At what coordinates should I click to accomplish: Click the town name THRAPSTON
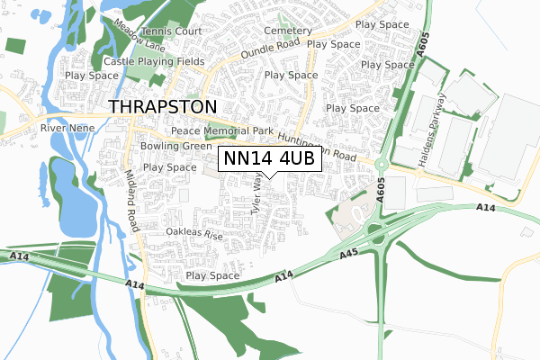[x=162, y=106]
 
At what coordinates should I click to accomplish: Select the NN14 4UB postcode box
[x=268, y=158]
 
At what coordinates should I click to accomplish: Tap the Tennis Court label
[x=165, y=31]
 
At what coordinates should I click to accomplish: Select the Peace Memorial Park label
[x=222, y=131]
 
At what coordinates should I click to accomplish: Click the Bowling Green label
[x=176, y=146]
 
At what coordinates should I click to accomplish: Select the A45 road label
[x=351, y=256]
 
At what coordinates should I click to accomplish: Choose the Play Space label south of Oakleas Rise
[x=212, y=275]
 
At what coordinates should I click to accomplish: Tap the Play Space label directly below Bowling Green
[x=169, y=167]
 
